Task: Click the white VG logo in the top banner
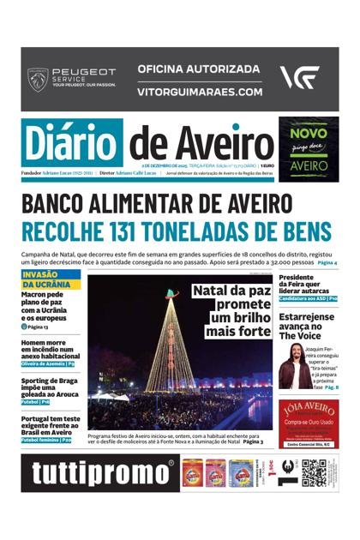click(299, 78)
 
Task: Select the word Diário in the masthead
click(73, 142)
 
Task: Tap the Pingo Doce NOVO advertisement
click(308, 149)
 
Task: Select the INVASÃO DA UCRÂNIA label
click(50, 279)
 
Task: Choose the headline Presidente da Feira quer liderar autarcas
click(307, 286)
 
